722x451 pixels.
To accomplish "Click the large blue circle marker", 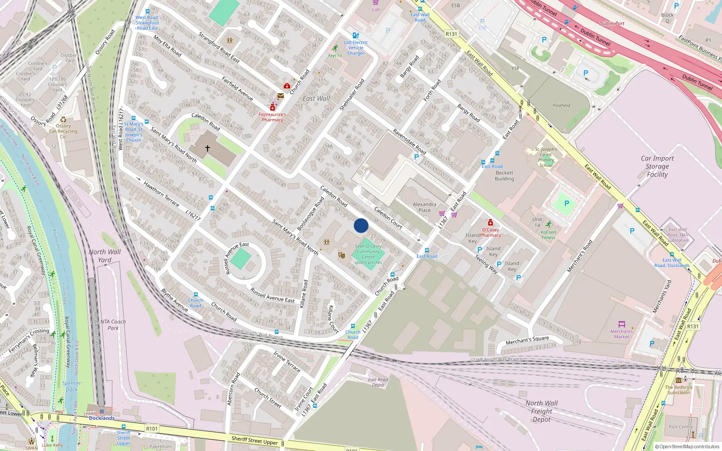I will pos(361,225).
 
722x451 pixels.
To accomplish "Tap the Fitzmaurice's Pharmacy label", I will pos(273,117).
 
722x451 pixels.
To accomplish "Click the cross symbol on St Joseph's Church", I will pos(208,148).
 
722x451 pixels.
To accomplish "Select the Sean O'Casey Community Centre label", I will pos(368,252).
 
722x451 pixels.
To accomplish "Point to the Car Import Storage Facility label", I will pos(657,166).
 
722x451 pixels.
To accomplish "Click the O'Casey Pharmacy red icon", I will pos(490,223).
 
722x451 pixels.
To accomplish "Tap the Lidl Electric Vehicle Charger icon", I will pos(356,35).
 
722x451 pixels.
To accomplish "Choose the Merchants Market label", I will pos(621,334).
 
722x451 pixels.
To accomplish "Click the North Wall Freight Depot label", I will pos(541,411).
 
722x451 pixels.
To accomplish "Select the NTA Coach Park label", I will pos(113,325).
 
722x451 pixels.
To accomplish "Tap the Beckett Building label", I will pos(504,176).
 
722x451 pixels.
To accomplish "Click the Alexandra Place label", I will pos(424,207).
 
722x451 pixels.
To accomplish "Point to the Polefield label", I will pos(561,106).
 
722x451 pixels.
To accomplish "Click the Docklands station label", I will pos(102,418).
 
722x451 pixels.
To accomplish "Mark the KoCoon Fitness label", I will pos(548,235).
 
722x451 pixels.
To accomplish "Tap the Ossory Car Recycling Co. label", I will pos(63,131).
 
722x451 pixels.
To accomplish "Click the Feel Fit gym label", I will pos(335,55).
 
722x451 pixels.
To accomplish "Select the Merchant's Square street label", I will pos(527,340).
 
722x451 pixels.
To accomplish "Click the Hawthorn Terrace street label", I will pos(161,193).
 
